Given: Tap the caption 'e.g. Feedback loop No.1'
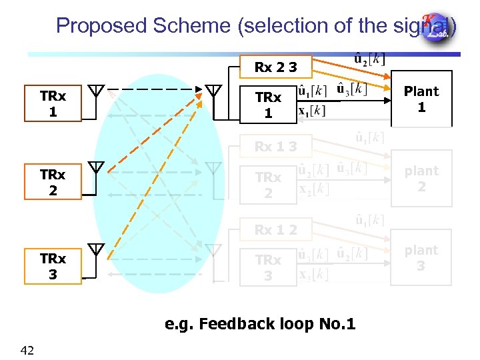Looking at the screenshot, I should coord(260,324).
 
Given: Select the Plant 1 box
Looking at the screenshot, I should coord(421,99).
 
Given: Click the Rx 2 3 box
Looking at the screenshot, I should coord(275,67).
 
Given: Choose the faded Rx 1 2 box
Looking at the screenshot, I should coord(275,230).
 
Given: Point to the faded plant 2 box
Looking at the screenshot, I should coord(421,179).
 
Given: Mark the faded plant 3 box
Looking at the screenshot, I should coord(421,258).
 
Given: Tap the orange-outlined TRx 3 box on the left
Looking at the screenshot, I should coord(53,266).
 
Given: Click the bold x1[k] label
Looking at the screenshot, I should coord(312,111).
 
